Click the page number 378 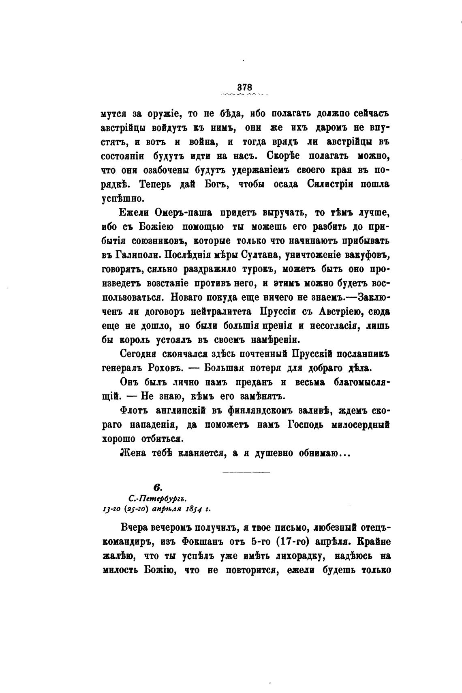tap(245, 88)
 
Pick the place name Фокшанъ tap(206, 541)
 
